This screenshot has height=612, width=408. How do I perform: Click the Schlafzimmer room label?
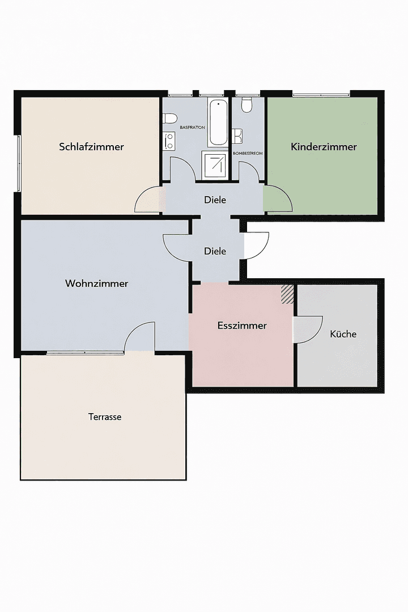pyautogui.click(x=91, y=147)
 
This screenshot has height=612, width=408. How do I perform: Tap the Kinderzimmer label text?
pyautogui.click(x=324, y=147)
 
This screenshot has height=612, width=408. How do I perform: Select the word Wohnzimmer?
pyautogui.click(x=96, y=283)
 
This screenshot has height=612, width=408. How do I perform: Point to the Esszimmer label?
pyautogui.click(x=242, y=325)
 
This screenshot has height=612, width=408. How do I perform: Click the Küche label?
pyautogui.click(x=343, y=334)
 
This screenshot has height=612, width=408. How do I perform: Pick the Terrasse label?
pyautogui.click(x=105, y=416)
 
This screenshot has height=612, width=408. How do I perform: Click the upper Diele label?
pyautogui.click(x=215, y=199)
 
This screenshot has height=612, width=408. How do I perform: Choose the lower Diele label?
pyautogui.click(x=215, y=251)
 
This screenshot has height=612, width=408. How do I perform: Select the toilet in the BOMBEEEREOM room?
pyautogui.click(x=246, y=105)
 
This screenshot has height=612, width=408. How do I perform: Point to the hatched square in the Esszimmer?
pyautogui.click(x=288, y=294)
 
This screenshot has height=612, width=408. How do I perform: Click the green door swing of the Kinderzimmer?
pyautogui.click(x=276, y=199)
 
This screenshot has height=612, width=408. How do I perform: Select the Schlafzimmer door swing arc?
pyautogui.click(x=148, y=199)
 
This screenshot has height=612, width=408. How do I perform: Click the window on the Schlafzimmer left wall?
pyautogui.click(x=19, y=164)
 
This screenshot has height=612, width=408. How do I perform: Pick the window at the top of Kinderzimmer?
pyautogui.click(x=321, y=94)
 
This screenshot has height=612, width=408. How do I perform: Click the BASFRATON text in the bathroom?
pyautogui.click(x=192, y=127)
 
